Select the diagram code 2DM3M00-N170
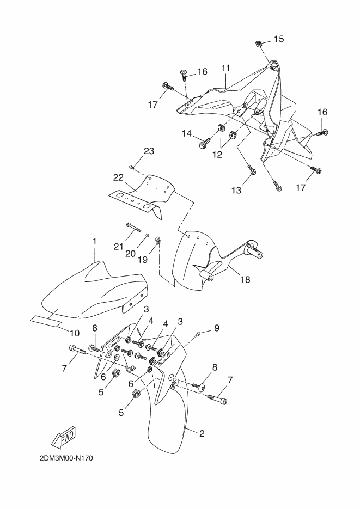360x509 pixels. pos(66,458)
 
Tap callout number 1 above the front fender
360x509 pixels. pos(94,242)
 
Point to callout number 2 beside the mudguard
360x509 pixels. pos(202,433)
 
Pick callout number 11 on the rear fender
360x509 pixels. pos(226,69)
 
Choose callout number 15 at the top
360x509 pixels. pos(279,39)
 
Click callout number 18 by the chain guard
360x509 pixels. pos(246,279)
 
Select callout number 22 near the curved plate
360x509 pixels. pos(119,178)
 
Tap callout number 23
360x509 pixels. pos(149,151)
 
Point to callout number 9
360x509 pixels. pos(217,328)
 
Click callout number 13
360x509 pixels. pos(236,190)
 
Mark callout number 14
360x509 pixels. pos(187,133)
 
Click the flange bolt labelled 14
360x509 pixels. pos(205,142)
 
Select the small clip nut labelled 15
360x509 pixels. pos(259,43)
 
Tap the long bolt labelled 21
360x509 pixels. pos(133,227)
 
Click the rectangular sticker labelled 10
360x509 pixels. pos(46,321)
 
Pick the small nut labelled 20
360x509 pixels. pos(147,235)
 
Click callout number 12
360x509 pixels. pos(217,155)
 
